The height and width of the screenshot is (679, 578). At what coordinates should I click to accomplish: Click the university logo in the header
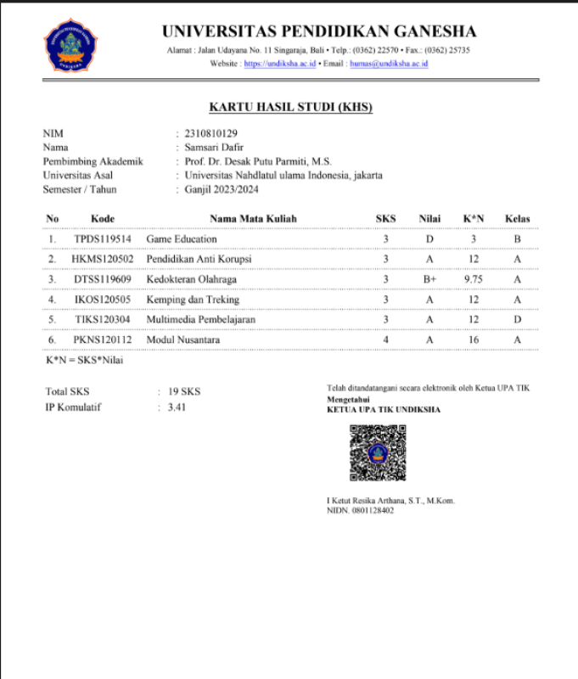point(70,44)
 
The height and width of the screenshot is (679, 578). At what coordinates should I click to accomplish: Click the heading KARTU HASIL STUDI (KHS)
point(291,107)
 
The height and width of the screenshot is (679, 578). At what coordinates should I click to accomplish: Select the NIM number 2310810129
point(210,133)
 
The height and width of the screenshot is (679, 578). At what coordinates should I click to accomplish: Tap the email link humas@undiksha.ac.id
point(389,64)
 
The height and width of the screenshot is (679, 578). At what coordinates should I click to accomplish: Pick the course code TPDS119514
point(102,239)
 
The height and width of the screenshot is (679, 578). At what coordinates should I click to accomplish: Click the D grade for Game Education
point(429,239)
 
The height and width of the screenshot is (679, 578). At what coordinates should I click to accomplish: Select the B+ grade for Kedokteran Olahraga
point(429,278)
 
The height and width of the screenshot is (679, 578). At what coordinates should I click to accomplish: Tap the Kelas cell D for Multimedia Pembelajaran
point(517,319)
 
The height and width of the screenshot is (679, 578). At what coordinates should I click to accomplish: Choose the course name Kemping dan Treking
point(193,299)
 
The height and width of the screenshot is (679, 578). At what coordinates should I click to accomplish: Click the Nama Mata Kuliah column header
point(253,219)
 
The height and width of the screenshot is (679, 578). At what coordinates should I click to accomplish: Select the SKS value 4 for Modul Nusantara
point(385,339)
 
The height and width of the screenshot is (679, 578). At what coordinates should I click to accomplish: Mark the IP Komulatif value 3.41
point(177,407)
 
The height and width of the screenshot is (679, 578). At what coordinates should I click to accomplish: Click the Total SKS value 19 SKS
point(184,392)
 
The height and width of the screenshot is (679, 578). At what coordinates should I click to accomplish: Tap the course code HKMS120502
point(102,258)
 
